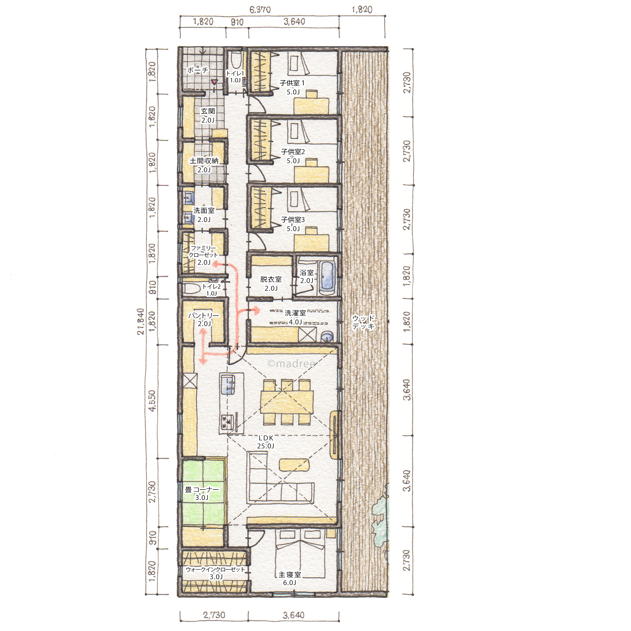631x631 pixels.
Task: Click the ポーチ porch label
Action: [198, 70]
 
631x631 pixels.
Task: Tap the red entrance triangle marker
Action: [214, 82]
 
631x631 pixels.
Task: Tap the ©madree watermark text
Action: [291, 363]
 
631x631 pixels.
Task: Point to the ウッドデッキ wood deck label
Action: [363, 322]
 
